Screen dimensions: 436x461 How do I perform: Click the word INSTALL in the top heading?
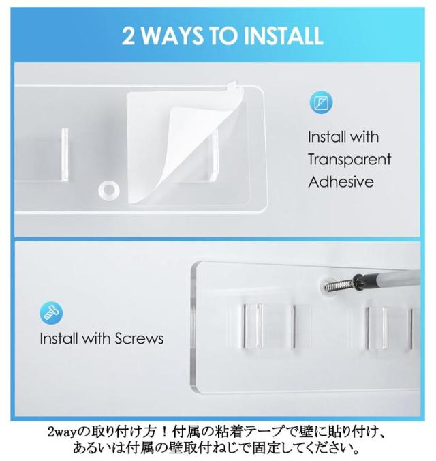click(283, 36)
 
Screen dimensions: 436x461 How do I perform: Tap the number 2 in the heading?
click(128, 36)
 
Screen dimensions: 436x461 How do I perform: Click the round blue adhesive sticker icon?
click(321, 102)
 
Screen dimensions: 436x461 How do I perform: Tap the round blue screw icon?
click(51, 313)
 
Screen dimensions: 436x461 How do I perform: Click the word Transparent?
click(349, 160)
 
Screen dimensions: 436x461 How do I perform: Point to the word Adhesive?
click(341, 182)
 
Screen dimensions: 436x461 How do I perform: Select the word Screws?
click(139, 339)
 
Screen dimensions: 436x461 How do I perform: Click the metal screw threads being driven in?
click(340, 284)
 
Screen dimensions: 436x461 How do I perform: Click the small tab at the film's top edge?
click(233, 85)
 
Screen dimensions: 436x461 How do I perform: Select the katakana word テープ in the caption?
click(265, 432)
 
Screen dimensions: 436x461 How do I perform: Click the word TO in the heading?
click(223, 36)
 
